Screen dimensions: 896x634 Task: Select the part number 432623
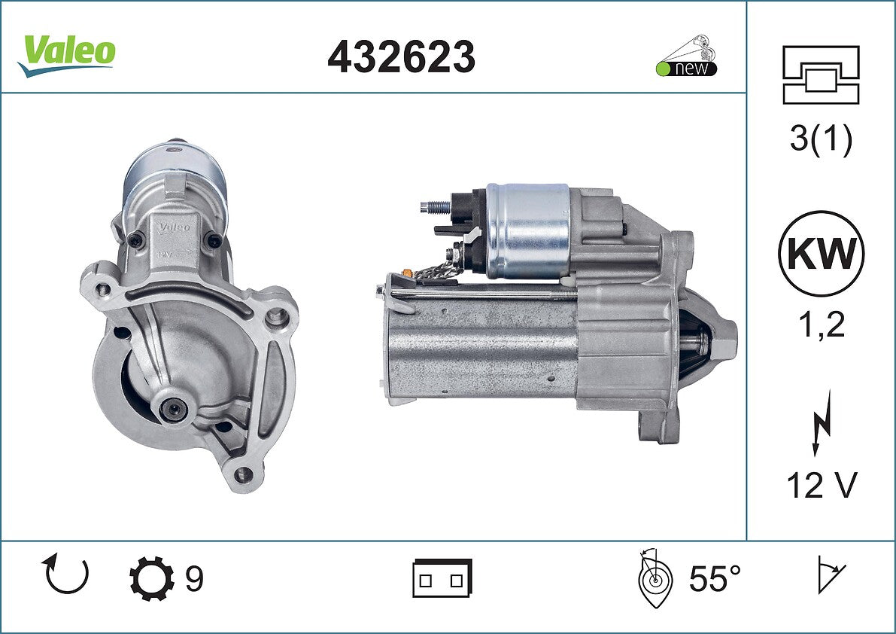(x=401, y=56)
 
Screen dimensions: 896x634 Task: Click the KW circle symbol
(x=821, y=253)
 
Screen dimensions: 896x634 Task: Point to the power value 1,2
(x=821, y=325)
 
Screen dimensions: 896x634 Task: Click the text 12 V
(x=822, y=485)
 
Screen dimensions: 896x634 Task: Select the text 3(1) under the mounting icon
(x=821, y=139)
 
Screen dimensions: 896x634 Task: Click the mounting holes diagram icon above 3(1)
(x=821, y=75)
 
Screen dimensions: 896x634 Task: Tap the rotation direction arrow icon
(x=65, y=574)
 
